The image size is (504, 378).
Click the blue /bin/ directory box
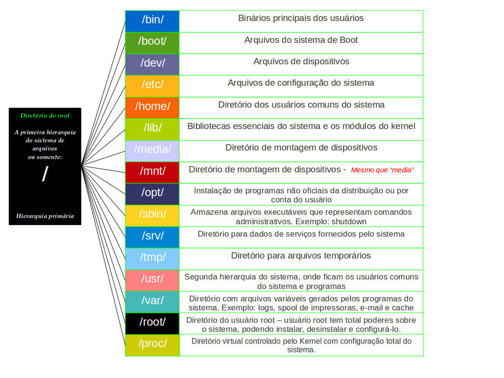(152, 21)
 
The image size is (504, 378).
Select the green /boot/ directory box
(152, 43)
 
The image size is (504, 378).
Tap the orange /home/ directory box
(152, 108)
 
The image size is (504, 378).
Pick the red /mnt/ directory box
(152, 172)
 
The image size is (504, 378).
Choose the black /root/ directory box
(152, 323)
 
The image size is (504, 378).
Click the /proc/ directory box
(152, 345)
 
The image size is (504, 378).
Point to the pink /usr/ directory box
(152, 280)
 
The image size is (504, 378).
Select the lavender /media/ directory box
(152, 151)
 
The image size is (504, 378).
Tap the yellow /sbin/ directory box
(152, 216)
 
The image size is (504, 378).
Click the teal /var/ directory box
(152, 302)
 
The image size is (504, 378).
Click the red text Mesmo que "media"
(382, 170)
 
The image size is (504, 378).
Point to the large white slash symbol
(45, 174)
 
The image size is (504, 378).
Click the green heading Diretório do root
(45, 116)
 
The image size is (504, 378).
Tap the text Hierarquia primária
(45, 216)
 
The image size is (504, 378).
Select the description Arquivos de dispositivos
(301, 61)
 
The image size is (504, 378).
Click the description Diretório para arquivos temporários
(301, 256)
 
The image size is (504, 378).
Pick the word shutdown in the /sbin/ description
(350, 221)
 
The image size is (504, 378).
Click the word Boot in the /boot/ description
(349, 40)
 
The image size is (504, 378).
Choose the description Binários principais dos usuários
(301, 18)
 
